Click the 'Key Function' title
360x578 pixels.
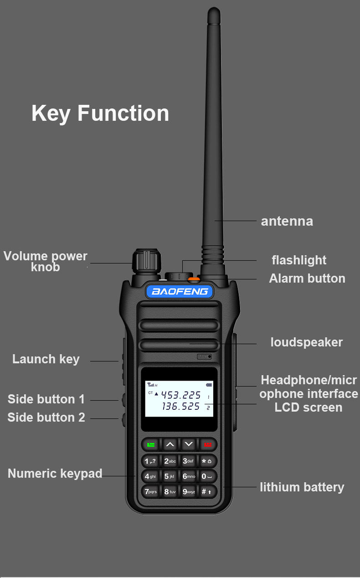(x=100, y=113)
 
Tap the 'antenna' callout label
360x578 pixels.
(x=287, y=222)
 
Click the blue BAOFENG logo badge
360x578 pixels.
(x=180, y=291)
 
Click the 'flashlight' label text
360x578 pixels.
(x=299, y=260)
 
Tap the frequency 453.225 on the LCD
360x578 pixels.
(x=181, y=395)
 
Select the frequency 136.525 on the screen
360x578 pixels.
(x=181, y=407)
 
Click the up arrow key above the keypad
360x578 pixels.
(x=170, y=444)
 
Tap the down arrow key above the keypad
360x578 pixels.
(x=189, y=444)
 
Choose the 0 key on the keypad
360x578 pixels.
(x=207, y=476)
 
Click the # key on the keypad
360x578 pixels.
(x=207, y=491)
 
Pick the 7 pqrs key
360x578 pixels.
(x=150, y=491)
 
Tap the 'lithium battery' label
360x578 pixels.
(x=302, y=487)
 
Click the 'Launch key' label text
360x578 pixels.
(x=46, y=359)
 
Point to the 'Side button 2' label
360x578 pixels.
(x=46, y=418)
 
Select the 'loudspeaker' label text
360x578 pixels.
(x=306, y=342)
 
